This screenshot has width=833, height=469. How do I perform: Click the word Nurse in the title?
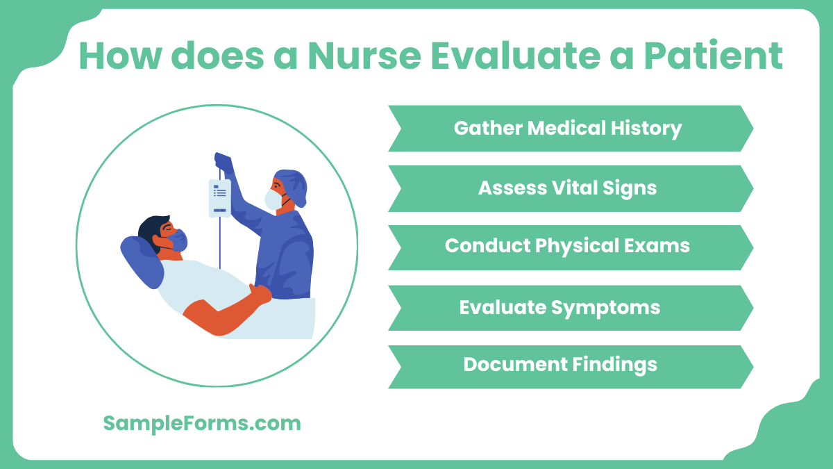(x=364, y=56)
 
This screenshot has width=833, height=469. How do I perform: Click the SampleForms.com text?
(x=202, y=423)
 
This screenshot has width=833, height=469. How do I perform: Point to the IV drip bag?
(x=219, y=198)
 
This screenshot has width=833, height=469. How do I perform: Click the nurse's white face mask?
(x=272, y=200)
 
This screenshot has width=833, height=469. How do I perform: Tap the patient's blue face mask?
(x=176, y=240)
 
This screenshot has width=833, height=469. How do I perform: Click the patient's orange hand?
(x=260, y=295)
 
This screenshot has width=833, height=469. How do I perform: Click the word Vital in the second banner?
(x=570, y=188)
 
